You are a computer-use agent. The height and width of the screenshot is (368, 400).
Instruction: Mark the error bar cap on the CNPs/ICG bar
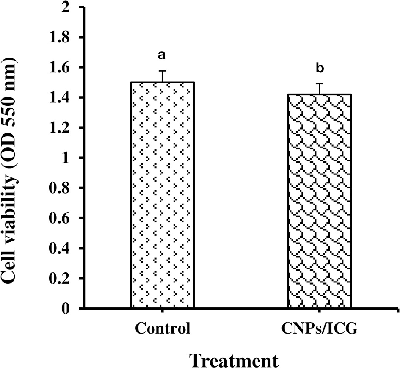tap(320, 84)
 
